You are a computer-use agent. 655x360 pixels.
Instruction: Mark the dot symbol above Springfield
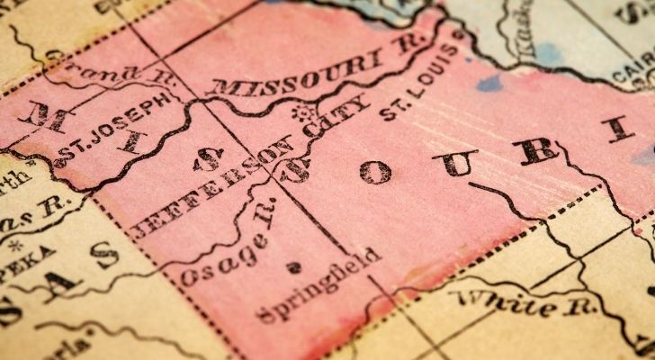pos(291,267)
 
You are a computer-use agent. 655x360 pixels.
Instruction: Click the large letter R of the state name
pos(538,148)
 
